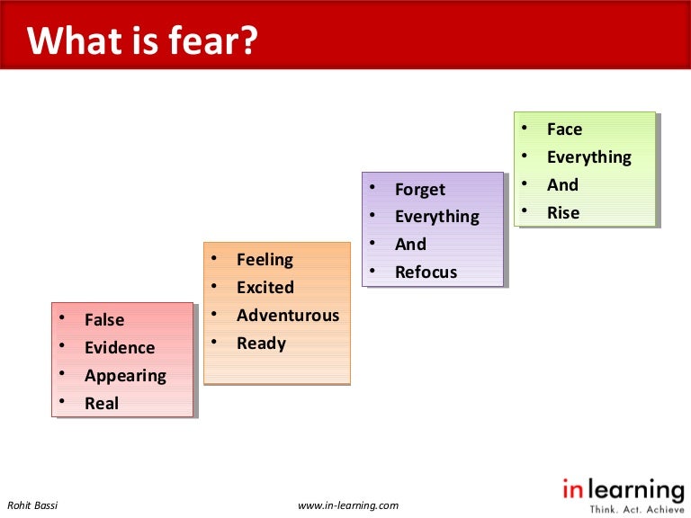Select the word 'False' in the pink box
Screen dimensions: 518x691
(104, 320)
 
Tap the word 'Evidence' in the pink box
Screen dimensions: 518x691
(120, 348)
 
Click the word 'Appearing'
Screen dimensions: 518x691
(125, 376)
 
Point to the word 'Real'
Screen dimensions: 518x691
(102, 404)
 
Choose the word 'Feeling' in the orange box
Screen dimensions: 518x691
(265, 260)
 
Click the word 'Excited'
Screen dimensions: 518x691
(265, 288)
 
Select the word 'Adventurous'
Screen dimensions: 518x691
(288, 316)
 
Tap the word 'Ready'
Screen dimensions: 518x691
(261, 344)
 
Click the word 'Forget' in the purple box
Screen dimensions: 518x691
(420, 190)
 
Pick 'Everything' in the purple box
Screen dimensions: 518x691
(437, 217)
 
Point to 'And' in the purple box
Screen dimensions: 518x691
(410, 245)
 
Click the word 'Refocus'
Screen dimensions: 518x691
(426, 272)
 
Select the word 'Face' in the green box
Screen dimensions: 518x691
(564, 129)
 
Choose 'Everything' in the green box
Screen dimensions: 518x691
(589, 157)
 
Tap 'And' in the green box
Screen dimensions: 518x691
(562, 185)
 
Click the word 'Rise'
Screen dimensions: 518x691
(563, 213)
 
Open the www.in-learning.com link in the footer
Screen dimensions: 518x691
(348, 505)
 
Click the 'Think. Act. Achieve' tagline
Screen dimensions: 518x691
(631, 508)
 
